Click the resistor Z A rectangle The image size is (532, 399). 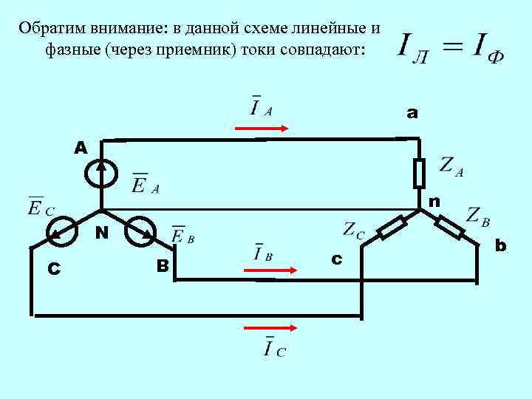pyautogui.click(x=419, y=173)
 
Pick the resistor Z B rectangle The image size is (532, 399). pyautogui.click(x=450, y=228)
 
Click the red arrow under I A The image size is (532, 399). pyautogui.click(x=262, y=129)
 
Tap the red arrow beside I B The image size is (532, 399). pyautogui.click(x=270, y=270)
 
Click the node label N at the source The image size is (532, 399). pyautogui.click(x=102, y=233)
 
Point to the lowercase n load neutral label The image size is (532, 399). pyautogui.click(x=434, y=201)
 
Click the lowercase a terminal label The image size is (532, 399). pyautogui.click(x=412, y=113)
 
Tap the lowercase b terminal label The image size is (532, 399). pyautogui.click(x=501, y=245)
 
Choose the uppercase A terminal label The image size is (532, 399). pyautogui.click(x=81, y=148)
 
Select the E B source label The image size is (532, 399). pyautogui.click(x=183, y=236)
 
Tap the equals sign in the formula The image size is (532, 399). pyautogui.click(x=447, y=46)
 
